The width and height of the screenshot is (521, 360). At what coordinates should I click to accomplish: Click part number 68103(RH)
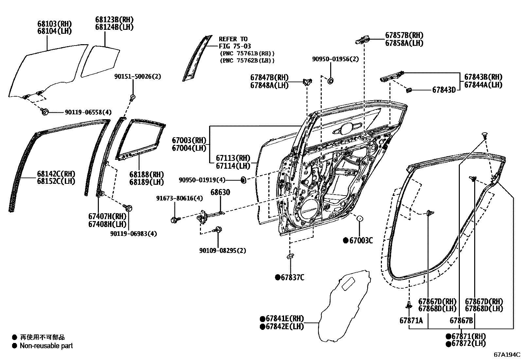point(54,24)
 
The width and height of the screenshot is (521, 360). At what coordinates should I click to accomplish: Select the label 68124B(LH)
point(114,27)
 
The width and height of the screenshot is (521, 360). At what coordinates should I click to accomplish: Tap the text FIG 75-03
point(235,46)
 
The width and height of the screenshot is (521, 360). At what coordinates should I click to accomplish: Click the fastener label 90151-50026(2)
point(138,76)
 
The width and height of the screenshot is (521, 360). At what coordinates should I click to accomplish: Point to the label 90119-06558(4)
point(88,112)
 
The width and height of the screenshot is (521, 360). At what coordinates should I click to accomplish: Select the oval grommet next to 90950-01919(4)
point(243,180)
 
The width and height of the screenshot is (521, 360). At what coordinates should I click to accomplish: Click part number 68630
point(220,192)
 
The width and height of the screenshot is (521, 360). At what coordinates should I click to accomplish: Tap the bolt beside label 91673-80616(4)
point(174,219)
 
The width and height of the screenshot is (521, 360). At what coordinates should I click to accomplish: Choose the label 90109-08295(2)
point(223,251)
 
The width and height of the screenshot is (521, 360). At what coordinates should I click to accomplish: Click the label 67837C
point(292,278)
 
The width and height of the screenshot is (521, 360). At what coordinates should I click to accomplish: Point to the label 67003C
point(361,240)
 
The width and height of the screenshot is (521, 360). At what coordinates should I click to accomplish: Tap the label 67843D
point(444,90)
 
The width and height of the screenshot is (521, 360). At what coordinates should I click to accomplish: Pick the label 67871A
point(411,320)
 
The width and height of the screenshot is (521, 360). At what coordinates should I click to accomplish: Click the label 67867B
point(461,320)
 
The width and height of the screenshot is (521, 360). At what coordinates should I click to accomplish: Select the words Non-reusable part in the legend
point(46,346)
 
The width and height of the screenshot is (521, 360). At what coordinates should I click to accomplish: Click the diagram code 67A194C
point(507,354)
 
